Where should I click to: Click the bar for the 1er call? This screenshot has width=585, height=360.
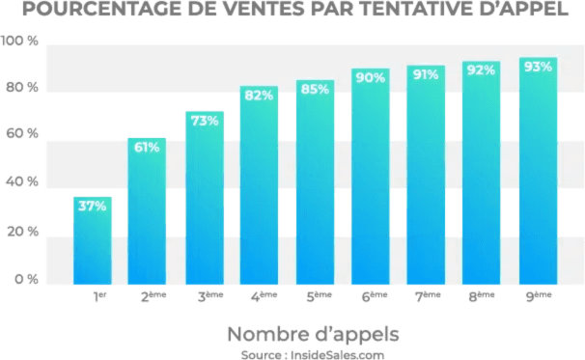point(93,241)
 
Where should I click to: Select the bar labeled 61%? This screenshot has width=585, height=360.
point(147,212)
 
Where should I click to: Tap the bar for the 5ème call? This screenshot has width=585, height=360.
point(315,183)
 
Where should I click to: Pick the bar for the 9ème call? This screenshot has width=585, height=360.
point(538,174)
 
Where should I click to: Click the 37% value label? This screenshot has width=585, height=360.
point(93,207)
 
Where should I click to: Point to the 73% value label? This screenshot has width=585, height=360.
point(204,121)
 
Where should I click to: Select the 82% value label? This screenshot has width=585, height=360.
point(259,96)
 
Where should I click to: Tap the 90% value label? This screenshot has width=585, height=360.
point(371,77)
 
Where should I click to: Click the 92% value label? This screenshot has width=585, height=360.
point(481,69)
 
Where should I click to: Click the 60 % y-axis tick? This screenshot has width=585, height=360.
point(21,134)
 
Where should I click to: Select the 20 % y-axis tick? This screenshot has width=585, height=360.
point(21,232)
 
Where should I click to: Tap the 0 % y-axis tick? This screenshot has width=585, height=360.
point(25,279)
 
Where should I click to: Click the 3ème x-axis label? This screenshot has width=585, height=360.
point(209,298)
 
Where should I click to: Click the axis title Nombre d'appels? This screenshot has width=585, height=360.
point(313,334)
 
